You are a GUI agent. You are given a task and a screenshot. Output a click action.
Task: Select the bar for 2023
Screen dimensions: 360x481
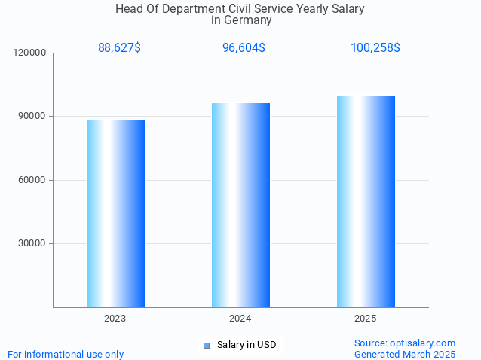(x=115, y=213)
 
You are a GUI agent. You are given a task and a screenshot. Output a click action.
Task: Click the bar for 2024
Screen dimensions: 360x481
(x=240, y=205)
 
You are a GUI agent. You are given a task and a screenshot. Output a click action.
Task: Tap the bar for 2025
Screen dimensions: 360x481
(x=366, y=201)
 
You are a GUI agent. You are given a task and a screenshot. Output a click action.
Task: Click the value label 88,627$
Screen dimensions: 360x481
(x=119, y=48)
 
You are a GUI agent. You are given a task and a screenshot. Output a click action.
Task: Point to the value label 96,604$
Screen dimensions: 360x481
(x=244, y=48)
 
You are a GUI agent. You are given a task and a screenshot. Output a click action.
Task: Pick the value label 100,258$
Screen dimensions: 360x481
(x=375, y=48)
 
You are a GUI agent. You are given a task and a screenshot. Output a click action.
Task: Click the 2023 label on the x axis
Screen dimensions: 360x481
(x=115, y=319)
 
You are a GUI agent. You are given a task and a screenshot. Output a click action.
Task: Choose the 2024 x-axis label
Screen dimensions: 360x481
(x=240, y=319)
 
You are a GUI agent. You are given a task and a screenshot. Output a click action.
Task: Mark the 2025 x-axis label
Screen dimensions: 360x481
(x=366, y=319)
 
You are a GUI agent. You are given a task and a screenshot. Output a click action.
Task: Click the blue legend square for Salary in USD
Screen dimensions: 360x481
(x=206, y=346)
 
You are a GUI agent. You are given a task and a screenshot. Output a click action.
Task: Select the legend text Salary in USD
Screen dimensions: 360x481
(x=247, y=346)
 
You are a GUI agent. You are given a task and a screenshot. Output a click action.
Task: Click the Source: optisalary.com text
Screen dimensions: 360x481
(x=405, y=343)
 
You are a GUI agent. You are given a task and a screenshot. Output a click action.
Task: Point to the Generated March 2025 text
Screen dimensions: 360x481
(x=405, y=354)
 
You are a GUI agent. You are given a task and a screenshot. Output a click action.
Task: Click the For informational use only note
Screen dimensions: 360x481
(x=66, y=354)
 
